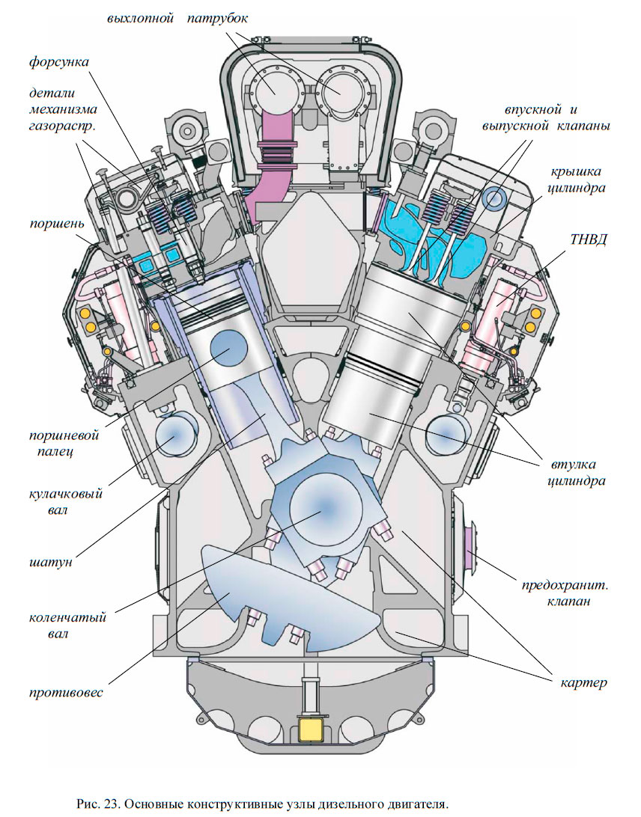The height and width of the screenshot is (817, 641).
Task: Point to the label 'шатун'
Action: (52, 561)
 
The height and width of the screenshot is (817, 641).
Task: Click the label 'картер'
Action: (583, 682)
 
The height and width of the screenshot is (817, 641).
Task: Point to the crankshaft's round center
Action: (324, 508)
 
